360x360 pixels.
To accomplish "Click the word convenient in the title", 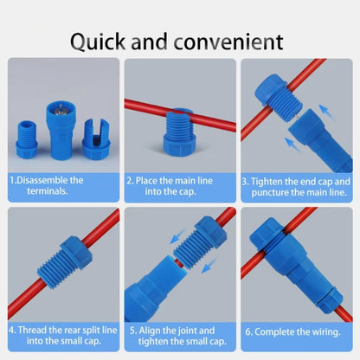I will point(228,41).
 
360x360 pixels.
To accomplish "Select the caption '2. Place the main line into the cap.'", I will point(179,185).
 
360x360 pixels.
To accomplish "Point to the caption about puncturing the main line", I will point(297,185).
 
